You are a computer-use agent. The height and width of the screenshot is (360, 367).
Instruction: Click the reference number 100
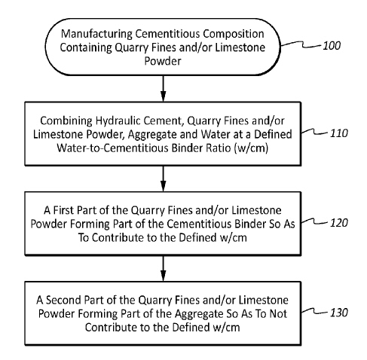(x=332, y=46)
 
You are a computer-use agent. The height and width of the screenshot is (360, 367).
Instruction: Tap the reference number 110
(x=339, y=133)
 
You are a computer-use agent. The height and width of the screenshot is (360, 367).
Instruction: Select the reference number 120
(x=339, y=223)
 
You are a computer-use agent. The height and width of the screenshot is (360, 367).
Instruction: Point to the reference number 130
(x=339, y=313)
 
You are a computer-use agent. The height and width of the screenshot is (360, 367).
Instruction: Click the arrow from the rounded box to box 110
(x=163, y=88)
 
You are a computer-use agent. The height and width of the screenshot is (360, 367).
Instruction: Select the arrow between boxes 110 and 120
(x=163, y=178)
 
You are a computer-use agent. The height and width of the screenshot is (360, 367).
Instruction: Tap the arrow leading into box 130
(x=163, y=268)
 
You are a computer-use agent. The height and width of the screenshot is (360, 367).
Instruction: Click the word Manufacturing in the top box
(x=96, y=34)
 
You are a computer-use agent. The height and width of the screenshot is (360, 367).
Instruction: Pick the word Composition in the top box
(x=234, y=34)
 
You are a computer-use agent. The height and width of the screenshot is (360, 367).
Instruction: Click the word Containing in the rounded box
(x=86, y=47)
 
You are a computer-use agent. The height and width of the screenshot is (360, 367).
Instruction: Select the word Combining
(x=66, y=121)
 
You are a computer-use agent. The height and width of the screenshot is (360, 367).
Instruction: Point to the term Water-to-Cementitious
(x=113, y=148)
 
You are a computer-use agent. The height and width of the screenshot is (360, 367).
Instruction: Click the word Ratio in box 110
(x=219, y=148)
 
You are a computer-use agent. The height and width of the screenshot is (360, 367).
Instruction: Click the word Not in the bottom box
(x=278, y=313)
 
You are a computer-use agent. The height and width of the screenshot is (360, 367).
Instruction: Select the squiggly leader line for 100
(x=301, y=44)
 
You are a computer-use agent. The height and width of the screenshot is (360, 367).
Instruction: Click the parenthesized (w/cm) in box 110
(x=251, y=148)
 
